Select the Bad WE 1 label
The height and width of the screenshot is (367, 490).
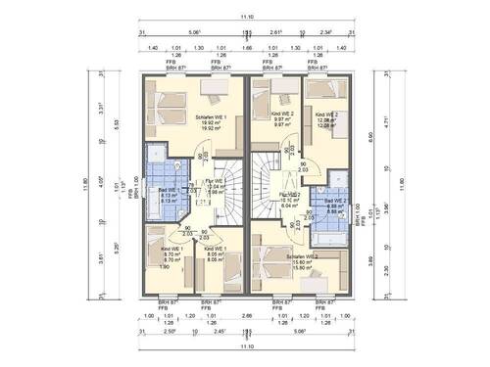[168, 192]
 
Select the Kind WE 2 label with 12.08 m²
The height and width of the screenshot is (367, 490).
[327, 115]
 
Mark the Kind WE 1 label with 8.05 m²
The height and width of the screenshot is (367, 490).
[217, 251]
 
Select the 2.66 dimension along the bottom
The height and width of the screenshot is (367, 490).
[245, 315]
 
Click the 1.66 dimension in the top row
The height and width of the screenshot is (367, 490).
[245, 47]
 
